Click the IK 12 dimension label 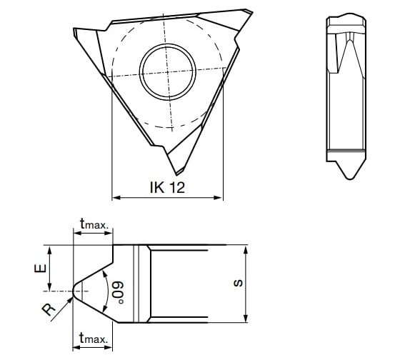[166, 188]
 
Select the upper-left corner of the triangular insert [76, 30]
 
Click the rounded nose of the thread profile [75, 291]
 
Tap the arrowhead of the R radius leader [71, 299]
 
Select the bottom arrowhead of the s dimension [246, 319]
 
